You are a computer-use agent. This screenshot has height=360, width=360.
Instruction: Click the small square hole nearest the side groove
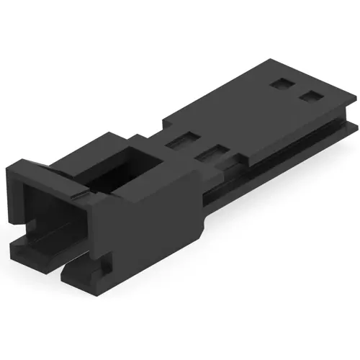coord(311,96)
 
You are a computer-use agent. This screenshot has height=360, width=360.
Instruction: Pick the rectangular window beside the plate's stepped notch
coord(213,152)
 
